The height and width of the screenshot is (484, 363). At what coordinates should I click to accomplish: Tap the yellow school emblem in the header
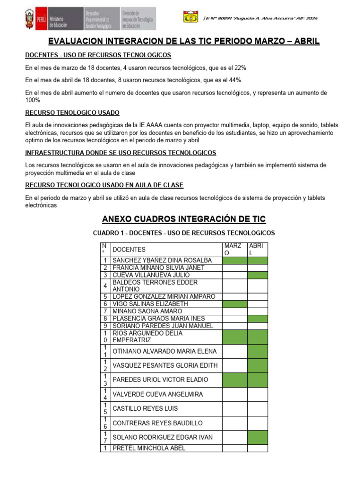coord(191,17)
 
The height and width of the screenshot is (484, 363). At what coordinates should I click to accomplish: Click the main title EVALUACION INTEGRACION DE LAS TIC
coord(184,42)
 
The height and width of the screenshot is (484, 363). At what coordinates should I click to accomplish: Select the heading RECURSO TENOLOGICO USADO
coord(72,113)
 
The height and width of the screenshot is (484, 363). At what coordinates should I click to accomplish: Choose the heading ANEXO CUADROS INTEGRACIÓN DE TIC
coord(184,219)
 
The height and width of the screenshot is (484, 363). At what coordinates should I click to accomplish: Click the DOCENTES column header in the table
coord(129,250)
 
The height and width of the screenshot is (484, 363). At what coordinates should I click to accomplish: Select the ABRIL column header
coord(258,250)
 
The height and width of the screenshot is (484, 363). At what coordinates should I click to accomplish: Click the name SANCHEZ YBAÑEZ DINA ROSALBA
coord(162,260)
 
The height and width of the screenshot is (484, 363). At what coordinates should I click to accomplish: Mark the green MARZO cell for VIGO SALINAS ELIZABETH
coord(234,304)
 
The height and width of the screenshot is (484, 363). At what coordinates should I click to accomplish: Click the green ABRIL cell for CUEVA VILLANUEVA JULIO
coord(258,275)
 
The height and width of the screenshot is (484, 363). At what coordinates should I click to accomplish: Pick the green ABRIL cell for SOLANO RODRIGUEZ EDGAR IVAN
coord(258,438)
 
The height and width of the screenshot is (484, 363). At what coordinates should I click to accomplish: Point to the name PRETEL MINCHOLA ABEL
coord(149,448)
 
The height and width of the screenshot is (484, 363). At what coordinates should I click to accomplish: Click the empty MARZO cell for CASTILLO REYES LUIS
coord(234,409)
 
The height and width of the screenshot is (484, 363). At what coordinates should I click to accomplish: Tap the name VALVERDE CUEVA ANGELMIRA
coord(158,395)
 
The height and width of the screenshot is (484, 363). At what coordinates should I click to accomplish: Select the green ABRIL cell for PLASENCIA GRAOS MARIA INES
coord(258,319)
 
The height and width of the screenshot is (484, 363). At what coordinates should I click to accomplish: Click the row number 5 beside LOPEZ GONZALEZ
coord(105,297)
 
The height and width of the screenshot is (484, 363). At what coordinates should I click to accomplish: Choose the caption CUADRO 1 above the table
coord(184,233)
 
